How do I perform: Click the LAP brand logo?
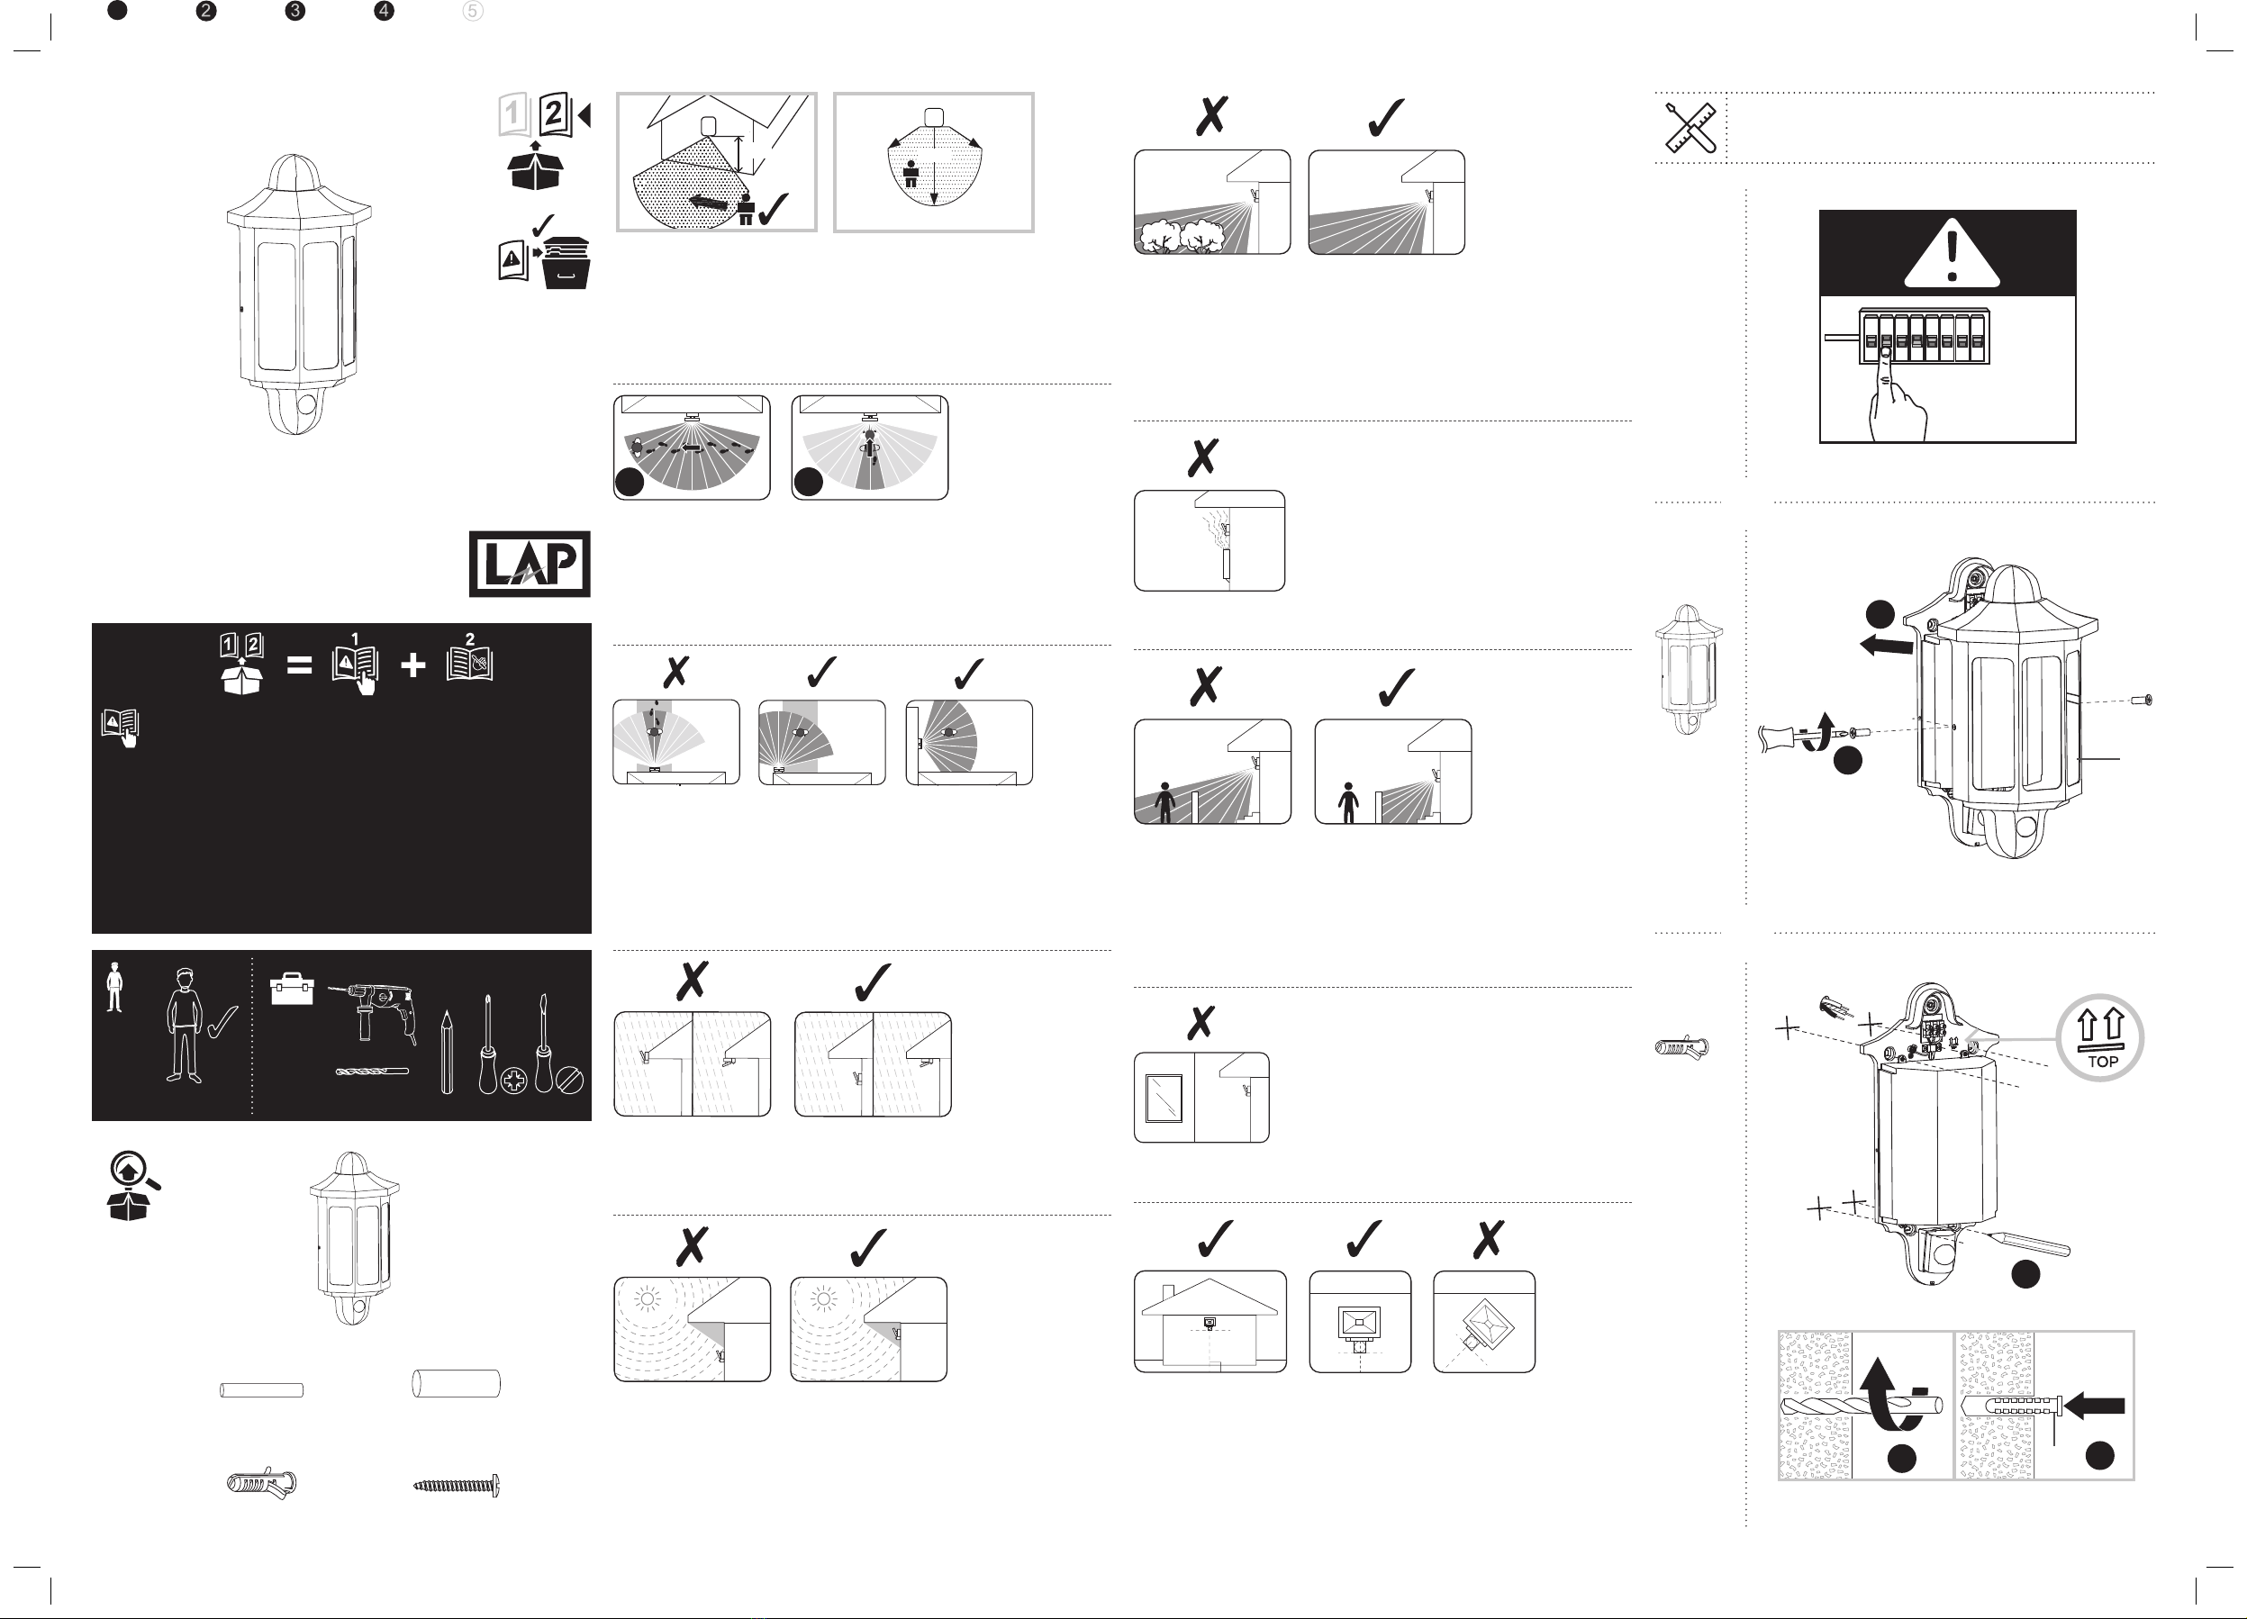tap(529, 564)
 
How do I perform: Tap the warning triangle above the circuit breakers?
tap(1952, 254)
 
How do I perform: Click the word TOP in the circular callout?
tap(2102, 1061)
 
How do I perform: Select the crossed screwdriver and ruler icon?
tap(1690, 128)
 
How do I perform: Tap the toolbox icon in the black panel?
tap(293, 989)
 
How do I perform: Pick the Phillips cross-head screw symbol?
tap(513, 1081)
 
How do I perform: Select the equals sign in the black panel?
tap(299, 665)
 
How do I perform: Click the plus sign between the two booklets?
tap(413, 665)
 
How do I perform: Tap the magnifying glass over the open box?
tap(134, 1171)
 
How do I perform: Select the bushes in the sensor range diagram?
tap(1185, 237)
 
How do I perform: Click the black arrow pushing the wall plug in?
tap(2097, 1405)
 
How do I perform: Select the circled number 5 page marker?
tap(473, 11)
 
